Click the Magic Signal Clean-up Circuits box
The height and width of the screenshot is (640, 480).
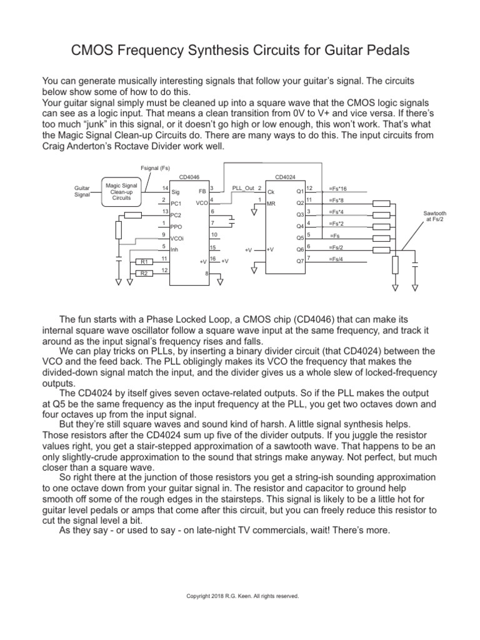point(122,191)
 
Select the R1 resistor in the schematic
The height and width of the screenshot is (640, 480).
point(144,262)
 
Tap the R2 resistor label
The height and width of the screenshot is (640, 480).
point(144,273)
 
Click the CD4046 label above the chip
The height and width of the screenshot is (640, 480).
point(189,177)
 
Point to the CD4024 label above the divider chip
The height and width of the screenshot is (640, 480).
point(285,177)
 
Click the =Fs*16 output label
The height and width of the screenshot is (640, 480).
point(337,189)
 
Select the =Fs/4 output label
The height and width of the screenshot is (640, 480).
point(336,259)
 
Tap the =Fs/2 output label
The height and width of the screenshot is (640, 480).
point(336,248)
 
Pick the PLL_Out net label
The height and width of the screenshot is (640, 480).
point(243,188)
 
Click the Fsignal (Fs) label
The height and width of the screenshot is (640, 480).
point(156,167)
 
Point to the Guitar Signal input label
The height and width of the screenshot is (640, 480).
point(82,191)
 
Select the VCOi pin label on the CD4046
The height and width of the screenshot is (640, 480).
point(177,239)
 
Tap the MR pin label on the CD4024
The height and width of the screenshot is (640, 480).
point(271,204)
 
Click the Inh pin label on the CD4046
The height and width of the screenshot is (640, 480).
point(174,250)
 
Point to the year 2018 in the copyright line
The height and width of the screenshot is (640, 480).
point(214,596)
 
